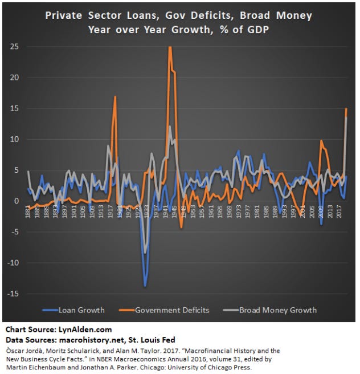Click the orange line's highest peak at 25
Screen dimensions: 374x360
170,47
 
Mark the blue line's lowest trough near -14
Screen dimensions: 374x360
146,286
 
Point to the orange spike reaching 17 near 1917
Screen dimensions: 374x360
115,96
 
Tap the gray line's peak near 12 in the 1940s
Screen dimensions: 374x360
169,127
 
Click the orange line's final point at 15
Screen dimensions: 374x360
346,108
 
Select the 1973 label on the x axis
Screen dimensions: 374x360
238,209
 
